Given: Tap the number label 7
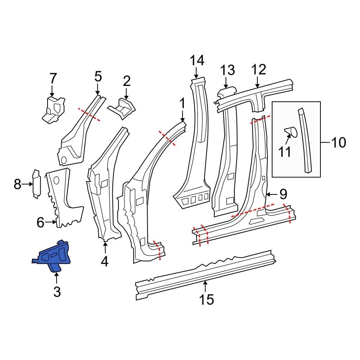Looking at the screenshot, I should click(53, 78).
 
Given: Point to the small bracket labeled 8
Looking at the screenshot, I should click(36, 184).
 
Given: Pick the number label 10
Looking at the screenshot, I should click(337, 143).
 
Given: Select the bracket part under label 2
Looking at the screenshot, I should click(122, 107).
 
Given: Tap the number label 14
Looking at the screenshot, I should click(197, 60).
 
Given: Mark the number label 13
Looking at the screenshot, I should click(227, 70).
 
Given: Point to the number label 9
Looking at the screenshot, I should click(283, 194).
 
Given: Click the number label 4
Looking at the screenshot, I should click(104, 261).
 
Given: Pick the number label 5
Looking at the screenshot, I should click(98, 77).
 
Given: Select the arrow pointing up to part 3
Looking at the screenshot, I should click(57, 278).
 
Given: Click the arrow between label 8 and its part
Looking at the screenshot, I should click(28, 184).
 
